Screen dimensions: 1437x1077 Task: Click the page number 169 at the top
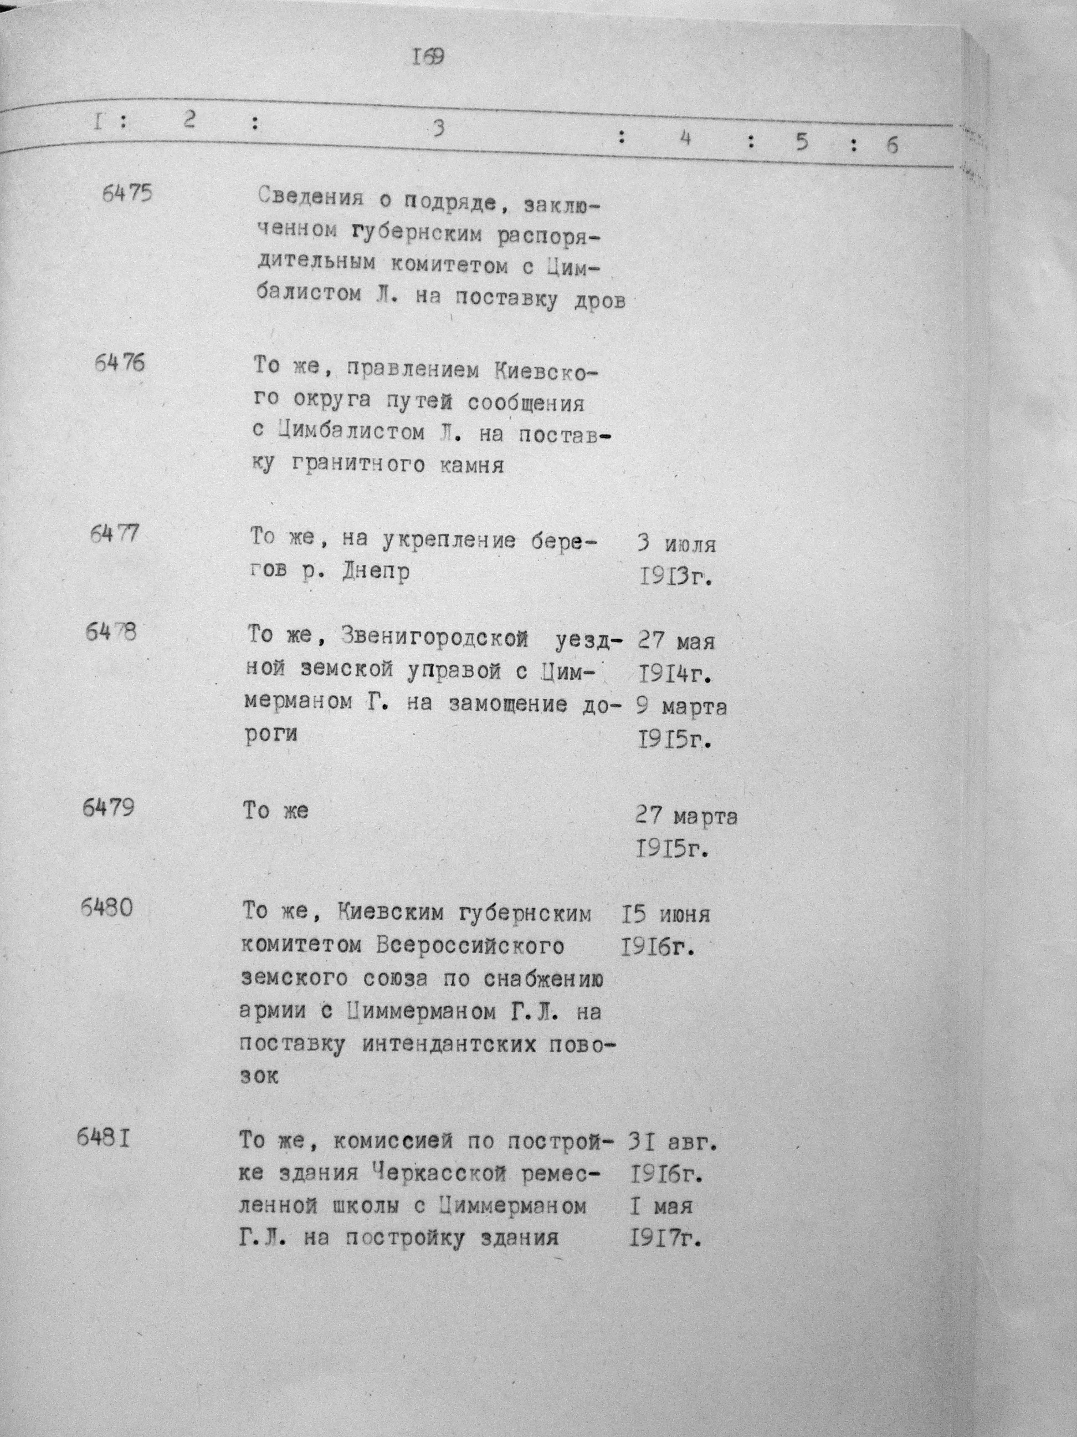(428, 57)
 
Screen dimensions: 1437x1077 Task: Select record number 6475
(127, 193)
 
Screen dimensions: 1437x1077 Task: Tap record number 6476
(120, 363)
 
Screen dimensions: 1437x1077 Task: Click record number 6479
(109, 808)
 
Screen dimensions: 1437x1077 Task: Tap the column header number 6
(893, 145)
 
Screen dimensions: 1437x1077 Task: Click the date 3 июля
(676, 543)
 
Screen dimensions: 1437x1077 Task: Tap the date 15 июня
(665, 915)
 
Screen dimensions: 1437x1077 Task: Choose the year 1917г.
(666, 1240)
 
